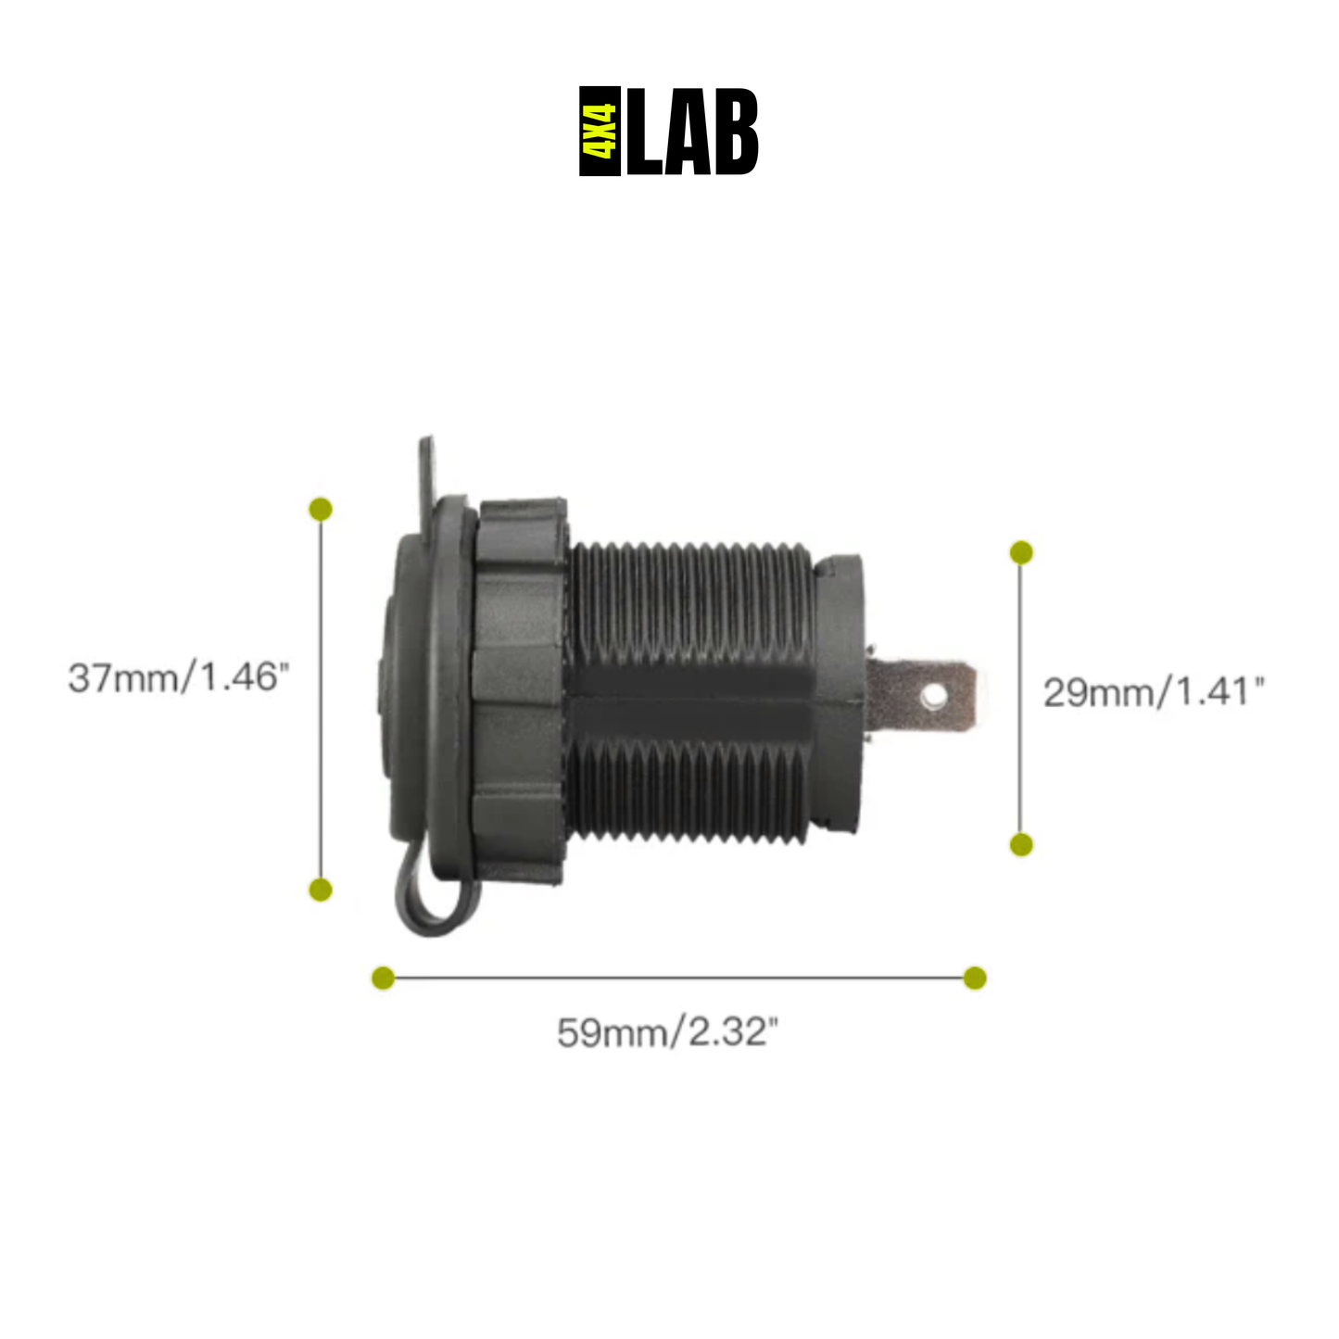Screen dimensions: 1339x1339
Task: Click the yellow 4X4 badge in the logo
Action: click(x=600, y=132)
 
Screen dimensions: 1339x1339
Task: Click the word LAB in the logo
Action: click(x=692, y=132)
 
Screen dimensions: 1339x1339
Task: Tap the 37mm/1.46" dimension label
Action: click(x=178, y=677)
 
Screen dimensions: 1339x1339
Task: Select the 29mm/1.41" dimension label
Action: click(x=1153, y=692)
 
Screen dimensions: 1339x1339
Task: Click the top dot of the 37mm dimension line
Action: click(x=321, y=509)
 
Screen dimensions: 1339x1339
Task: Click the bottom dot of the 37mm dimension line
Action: click(x=321, y=890)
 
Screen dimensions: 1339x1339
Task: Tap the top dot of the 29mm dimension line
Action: click(x=1021, y=553)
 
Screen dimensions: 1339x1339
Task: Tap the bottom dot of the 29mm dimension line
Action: click(x=1021, y=844)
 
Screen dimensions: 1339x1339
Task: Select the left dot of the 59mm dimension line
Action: click(x=383, y=978)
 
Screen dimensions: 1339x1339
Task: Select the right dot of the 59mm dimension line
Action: click(x=975, y=978)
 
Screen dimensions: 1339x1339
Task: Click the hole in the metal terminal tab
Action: click(x=933, y=694)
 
